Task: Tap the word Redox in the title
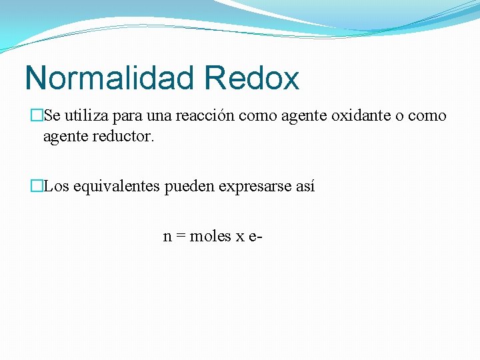pyautogui.click(x=252, y=78)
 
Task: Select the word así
pyautogui.click(x=304, y=187)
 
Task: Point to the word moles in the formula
pyautogui.click(x=210, y=236)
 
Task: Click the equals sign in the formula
pyautogui.click(x=180, y=237)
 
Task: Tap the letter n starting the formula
pyautogui.click(x=167, y=237)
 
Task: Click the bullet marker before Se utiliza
pyautogui.click(x=36, y=116)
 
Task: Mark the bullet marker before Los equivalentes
pyautogui.click(x=36, y=187)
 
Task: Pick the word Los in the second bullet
pyautogui.click(x=57, y=187)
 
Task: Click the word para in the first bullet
pyautogui.click(x=127, y=117)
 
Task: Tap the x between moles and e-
pyautogui.click(x=239, y=237)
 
